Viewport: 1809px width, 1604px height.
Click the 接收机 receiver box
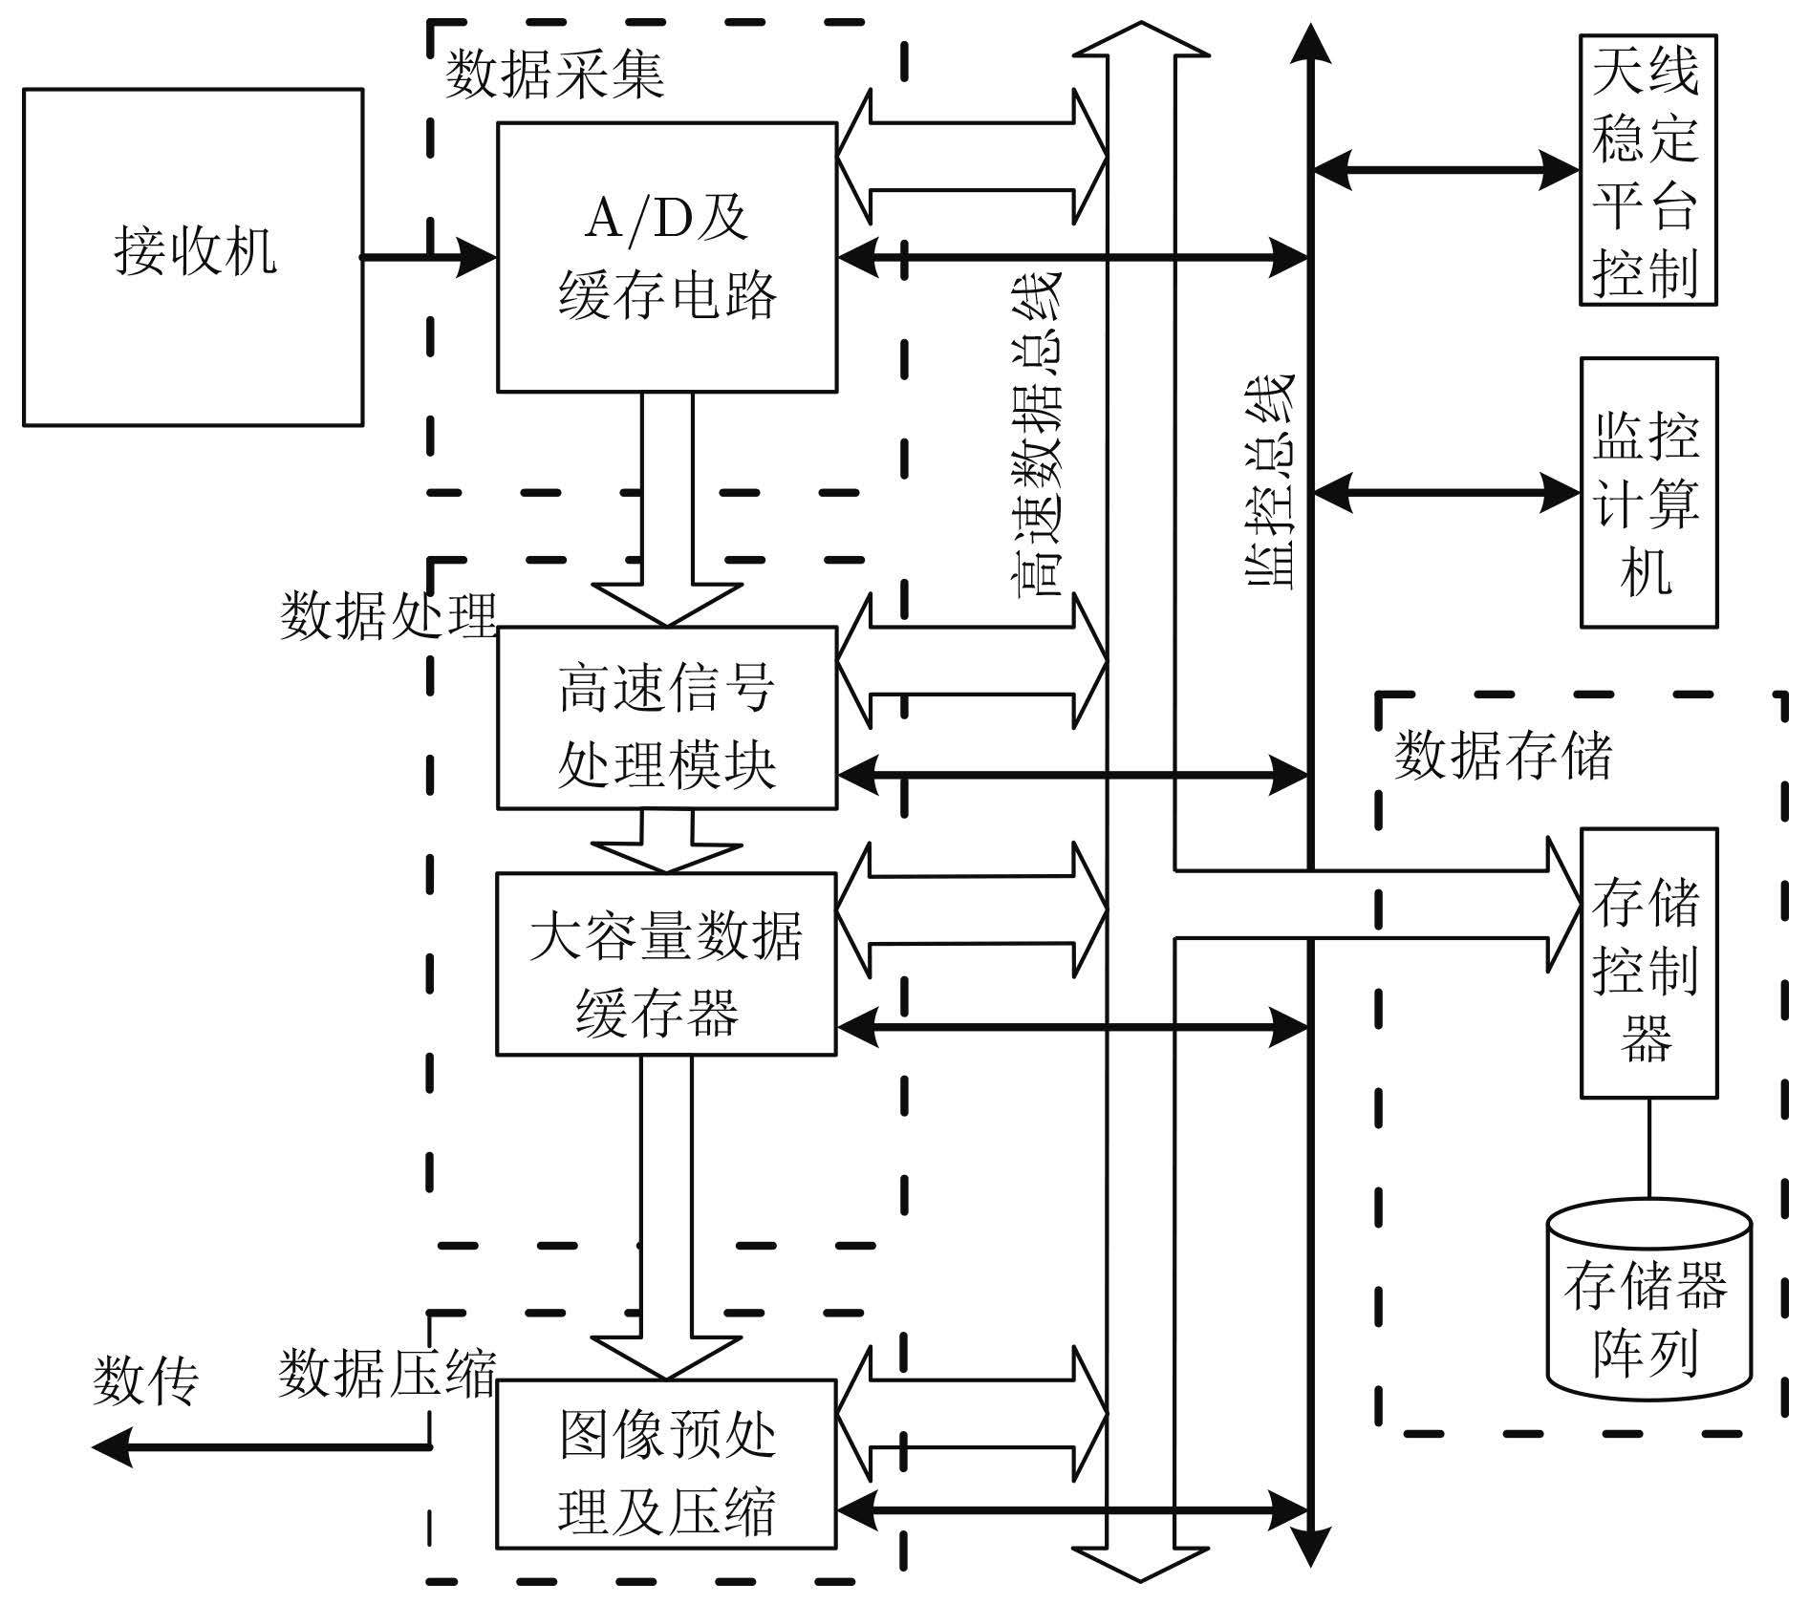click(x=193, y=257)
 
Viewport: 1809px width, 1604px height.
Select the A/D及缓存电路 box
click(x=667, y=257)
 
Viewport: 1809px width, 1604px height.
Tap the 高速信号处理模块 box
click(x=666, y=717)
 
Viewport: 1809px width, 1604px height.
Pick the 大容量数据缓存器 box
click(x=666, y=963)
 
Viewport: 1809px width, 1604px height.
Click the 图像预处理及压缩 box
click(x=666, y=1463)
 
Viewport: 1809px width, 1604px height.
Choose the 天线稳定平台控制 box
click(x=1647, y=170)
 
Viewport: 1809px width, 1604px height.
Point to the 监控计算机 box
click(x=1647, y=492)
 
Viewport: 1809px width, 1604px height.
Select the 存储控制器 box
click(x=1647, y=962)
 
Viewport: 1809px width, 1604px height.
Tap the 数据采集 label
click(x=554, y=75)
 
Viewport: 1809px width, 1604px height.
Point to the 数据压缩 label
click(x=387, y=1374)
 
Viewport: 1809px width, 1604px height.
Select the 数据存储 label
click(x=1502, y=756)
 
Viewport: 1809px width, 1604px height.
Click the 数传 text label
click(x=145, y=1380)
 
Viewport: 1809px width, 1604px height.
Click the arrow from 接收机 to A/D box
click(x=428, y=257)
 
